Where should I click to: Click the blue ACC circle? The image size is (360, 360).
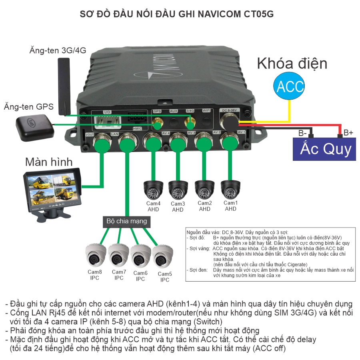point(289,86)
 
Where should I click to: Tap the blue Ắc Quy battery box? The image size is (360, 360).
point(324,149)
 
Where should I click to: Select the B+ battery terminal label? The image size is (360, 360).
point(348,132)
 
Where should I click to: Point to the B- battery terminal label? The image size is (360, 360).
point(303,133)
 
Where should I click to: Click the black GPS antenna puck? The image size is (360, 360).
point(35,128)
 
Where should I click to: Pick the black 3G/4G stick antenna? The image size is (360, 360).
point(64,86)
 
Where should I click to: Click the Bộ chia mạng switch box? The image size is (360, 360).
point(126,221)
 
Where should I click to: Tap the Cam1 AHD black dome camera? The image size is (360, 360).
point(230,190)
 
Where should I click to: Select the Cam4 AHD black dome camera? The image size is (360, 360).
point(153,190)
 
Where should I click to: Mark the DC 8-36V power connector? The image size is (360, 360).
point(230,123)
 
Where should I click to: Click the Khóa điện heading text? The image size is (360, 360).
point(292,64)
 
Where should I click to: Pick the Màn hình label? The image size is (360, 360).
point(49,162)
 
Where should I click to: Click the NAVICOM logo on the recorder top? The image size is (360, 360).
point(158,67)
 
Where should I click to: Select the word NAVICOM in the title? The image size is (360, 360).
point(219,14)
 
